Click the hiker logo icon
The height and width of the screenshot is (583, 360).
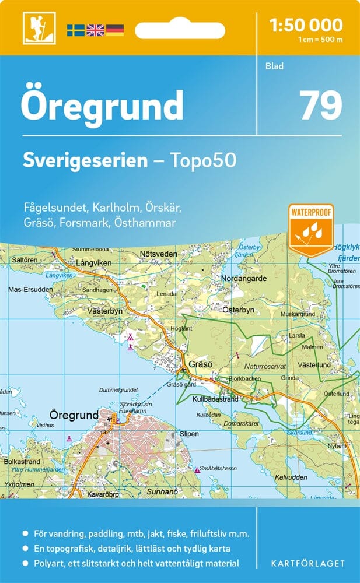click(x=33, y=28)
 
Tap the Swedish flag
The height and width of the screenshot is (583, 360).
click(x=75, y=30)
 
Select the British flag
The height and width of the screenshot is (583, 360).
click(x=95, y=30)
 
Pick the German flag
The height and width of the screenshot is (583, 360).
click(x=114, y=30)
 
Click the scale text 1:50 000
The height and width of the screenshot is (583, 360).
click(x=306, y=25)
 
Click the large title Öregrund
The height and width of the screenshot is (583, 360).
click(x=102, y=106)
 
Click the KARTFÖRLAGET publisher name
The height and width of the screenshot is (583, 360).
click(x=309, y=563)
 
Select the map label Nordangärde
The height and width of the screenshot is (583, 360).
click(x=244, y=278)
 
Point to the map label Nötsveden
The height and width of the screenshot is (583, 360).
click(x=159, y=254)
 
